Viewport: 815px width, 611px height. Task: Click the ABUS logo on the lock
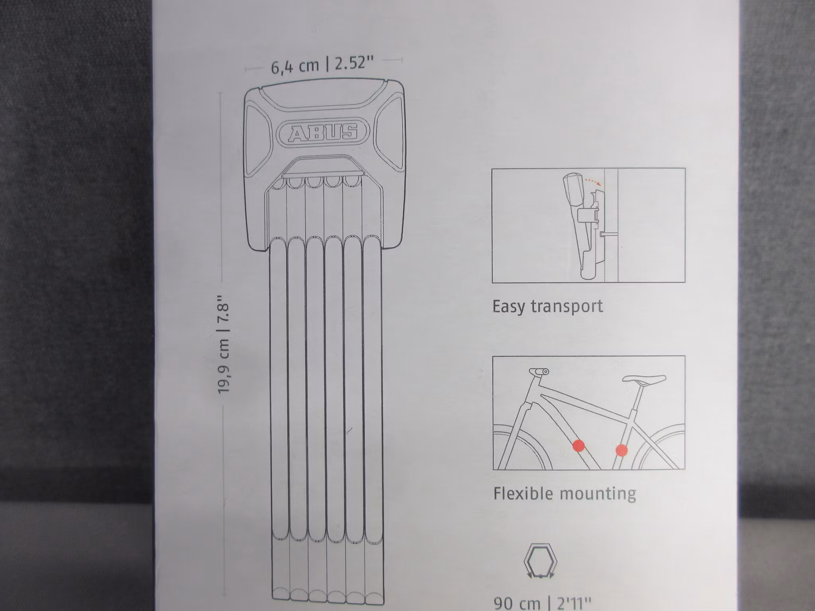click(323, 132)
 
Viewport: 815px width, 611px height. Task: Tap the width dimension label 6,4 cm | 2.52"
click(323, 65)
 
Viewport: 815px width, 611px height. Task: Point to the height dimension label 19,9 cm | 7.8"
click(224, 344)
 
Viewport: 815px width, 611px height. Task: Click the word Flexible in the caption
click(523, 493)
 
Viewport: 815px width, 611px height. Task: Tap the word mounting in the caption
click(598, 494)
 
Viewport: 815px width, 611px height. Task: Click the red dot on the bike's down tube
click(579, 446)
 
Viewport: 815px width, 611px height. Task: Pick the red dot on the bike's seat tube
click(621, 450)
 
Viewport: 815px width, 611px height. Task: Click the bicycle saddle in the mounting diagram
click(644, 379)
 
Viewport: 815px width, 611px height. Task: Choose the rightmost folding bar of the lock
click(373, 418)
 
